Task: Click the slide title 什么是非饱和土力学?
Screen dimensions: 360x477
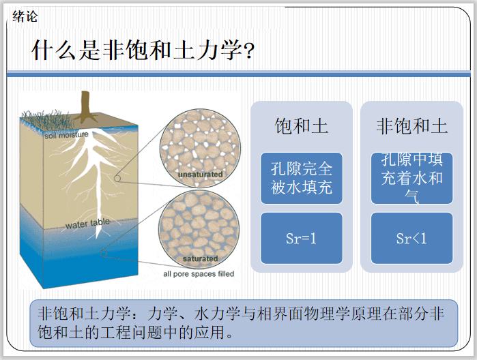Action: coord(143,50)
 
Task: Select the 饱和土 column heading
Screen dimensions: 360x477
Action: coord(301,126)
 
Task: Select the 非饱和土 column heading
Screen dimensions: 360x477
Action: coord(411,126)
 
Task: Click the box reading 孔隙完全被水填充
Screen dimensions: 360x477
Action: coord(301,178)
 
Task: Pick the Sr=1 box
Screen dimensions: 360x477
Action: coord(301,239)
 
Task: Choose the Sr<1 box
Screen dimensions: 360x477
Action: coord(411,239)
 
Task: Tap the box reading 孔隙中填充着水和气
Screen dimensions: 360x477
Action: coord(411,178)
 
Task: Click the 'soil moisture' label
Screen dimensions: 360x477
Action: coord(67,135)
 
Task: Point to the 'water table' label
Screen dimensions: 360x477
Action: coord(87,224)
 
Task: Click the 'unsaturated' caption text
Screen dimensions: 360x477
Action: coord(200,175)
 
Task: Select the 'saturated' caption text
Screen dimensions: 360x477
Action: coord(200,259)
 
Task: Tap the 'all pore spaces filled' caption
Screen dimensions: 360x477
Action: coord(199,274)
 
